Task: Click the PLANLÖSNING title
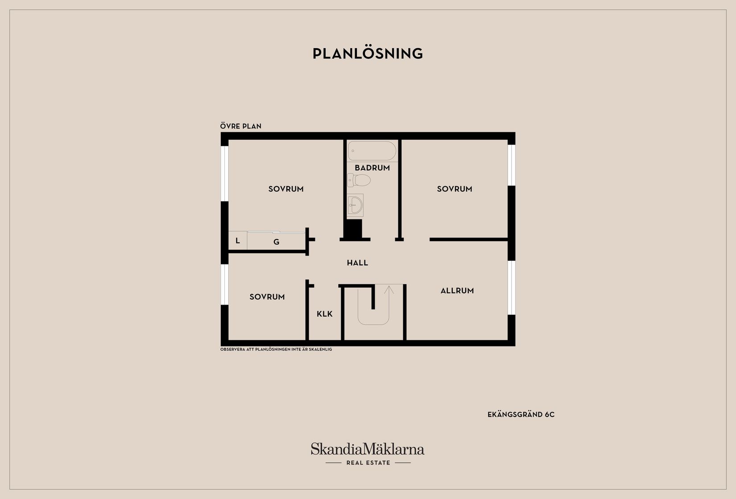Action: [x=368, y=54]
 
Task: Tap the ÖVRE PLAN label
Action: [x=241, y=126]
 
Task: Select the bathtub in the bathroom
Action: [x=372, y=151]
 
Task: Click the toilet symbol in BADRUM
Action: [x=359, y=180]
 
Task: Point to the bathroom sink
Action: [x=355, y=205]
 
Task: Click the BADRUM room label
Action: [x=372, y=168]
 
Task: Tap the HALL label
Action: [x=357, y=263]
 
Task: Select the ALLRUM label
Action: [x=457, y=291]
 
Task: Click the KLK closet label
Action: [x=325, y=314]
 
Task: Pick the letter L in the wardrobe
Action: [x=238, y=241]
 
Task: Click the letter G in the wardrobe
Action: [x=276, y=242]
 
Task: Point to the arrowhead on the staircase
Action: [x=389, y=289]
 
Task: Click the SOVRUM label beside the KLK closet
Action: [x=267, y=297]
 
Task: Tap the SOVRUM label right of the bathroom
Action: [x=455, y=189]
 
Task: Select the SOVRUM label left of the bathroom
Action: [x=286, y=189]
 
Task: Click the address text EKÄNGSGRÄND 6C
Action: [x=521, y=415]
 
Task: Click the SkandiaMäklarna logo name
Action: [x=368, y=449]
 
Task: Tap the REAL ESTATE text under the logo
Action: [x=368, y=463]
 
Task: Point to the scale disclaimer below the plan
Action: [x=276, y=350]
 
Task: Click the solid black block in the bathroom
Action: [x=354, y=229]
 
